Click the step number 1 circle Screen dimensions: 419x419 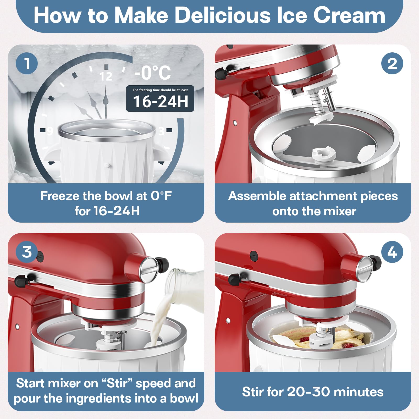(27, 63)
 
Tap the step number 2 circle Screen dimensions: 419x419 (392, 63)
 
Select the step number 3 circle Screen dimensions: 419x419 (27, 252)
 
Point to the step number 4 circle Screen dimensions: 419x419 (392, 252)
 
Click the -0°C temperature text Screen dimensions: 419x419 (153, 73)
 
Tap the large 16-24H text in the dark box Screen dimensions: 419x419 (161, 102)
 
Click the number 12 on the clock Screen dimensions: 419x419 (106, 76)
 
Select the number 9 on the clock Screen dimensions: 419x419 (50, 130)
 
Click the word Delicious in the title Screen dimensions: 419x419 (222, 15)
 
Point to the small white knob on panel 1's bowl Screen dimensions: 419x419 (107, 165)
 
